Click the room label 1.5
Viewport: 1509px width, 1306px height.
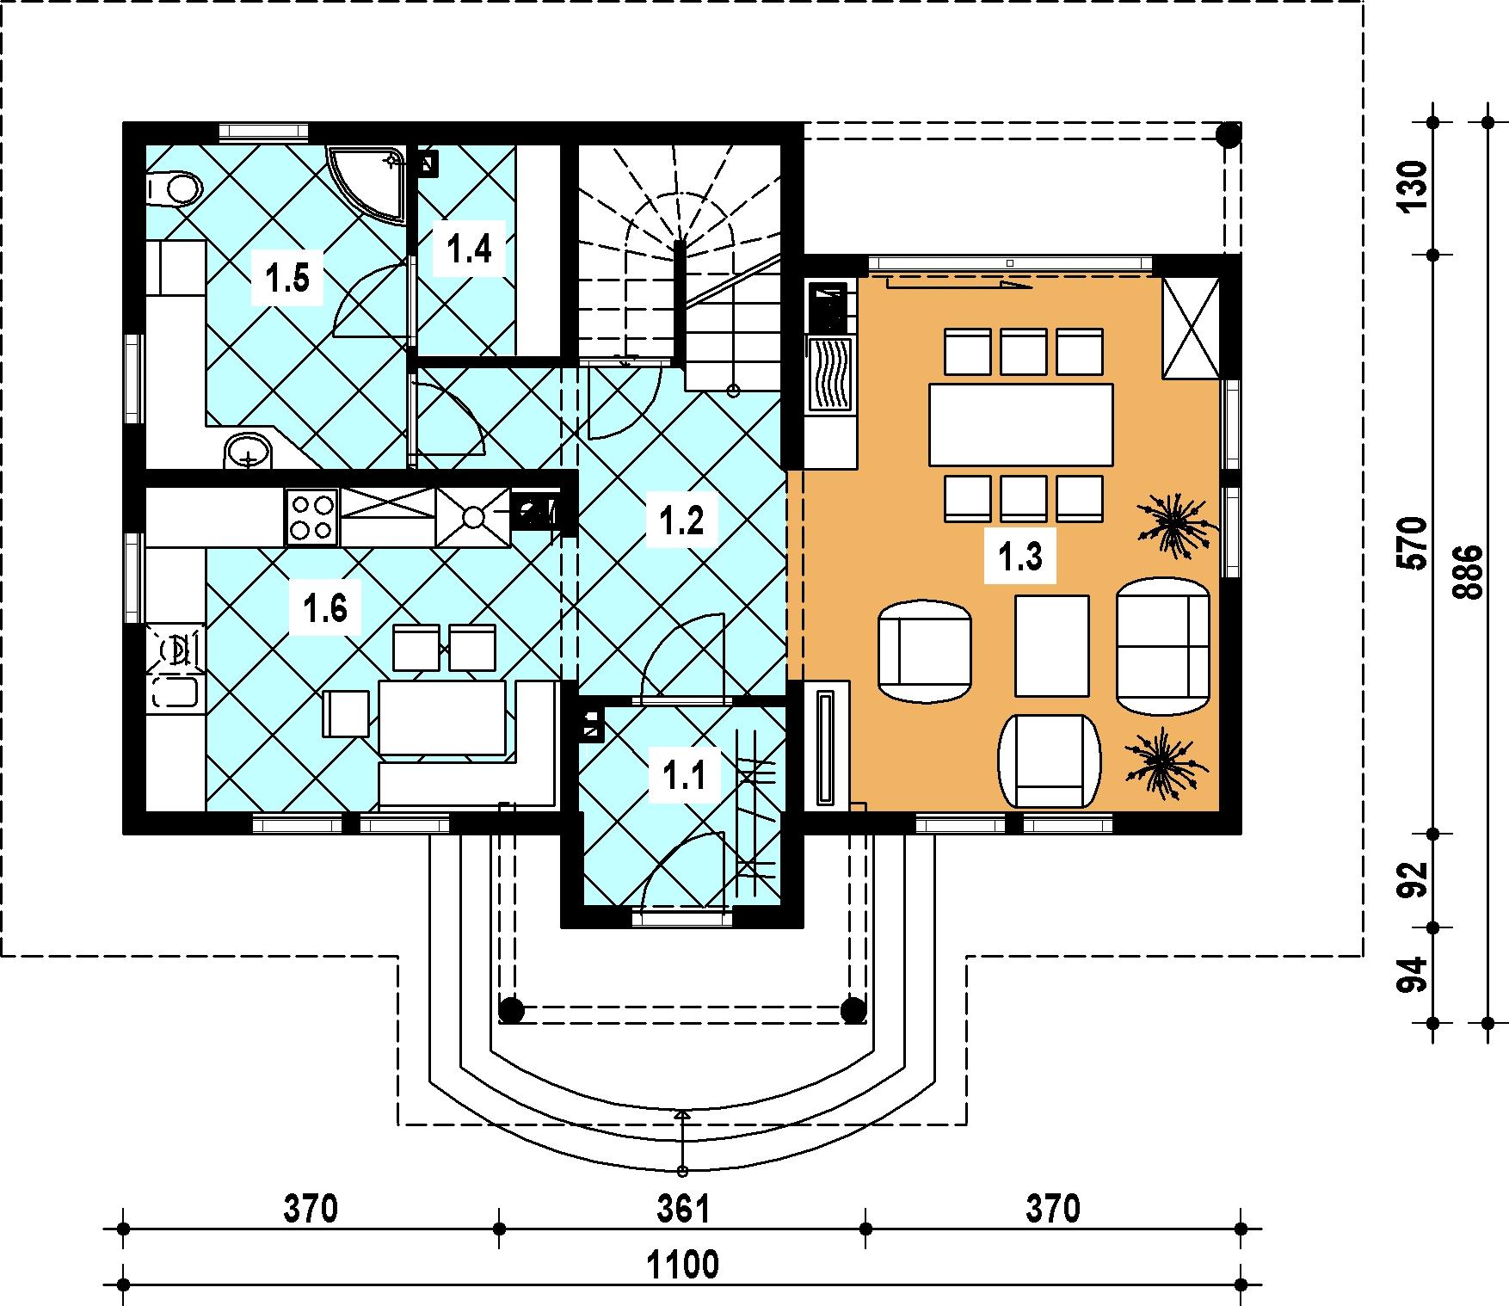click(x=287, y=279)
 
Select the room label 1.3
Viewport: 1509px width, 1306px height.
click(x=1020, y=558)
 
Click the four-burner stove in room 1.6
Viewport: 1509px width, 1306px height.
click(x=311, y=516)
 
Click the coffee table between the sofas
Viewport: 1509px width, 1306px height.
click(x=1052, y=645)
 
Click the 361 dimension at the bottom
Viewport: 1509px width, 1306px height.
click(x=683, y=1210)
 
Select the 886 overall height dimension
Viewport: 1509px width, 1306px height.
click(x=1469, y=572)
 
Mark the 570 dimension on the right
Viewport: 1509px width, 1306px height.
click(x=1414, y=544)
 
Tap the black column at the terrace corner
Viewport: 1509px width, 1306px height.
click(x=1228, y=134)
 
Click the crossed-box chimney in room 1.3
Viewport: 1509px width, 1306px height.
click(x=1191, y=328)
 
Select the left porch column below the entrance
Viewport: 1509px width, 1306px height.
click(x=511, y=1009)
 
